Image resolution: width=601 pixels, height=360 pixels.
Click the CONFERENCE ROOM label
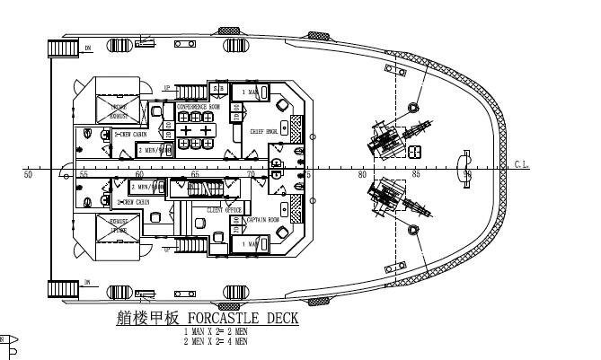pyautogui.click(x=198, y=106)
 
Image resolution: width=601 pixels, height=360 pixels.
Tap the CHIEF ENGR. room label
pyautogui.click(x=264, y=131)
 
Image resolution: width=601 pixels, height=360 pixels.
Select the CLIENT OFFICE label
pyautogui.click(x=226, y=210)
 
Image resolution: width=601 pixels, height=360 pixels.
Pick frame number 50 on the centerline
pyautogui.click(x=28, y=174)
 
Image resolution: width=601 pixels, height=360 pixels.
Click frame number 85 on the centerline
pyautogui.click(x=416, y=174)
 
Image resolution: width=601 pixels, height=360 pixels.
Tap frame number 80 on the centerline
pyautogui.click(x=361, y=174)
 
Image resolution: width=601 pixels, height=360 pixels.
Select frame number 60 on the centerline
pyautogui.click(x=139, y=174)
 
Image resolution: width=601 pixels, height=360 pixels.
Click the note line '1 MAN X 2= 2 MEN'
pyautogui.click(x=215, y=333)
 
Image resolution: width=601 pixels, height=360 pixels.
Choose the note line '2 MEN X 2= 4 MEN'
pyautogui.click(x=215, y=341)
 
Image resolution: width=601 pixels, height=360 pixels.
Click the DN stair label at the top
pyautogui.click(x=88, y=48)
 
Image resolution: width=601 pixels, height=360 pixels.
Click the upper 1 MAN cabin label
pyautogui.click(x=250, y=92)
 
